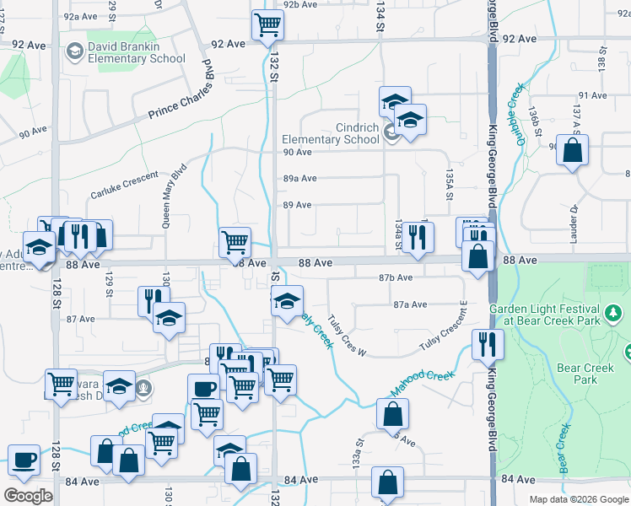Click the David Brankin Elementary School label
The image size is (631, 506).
coord(137,52)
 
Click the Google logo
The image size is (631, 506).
coord(28,496)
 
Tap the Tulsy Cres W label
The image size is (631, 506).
coord(348,336)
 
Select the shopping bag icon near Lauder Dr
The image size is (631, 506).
coord(573,152)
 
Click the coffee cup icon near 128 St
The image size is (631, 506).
coord(24,460)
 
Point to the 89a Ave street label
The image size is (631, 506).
coord(299,179)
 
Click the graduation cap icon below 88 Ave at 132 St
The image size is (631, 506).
coord(287,301)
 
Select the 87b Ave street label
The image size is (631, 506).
coord(396,277)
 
